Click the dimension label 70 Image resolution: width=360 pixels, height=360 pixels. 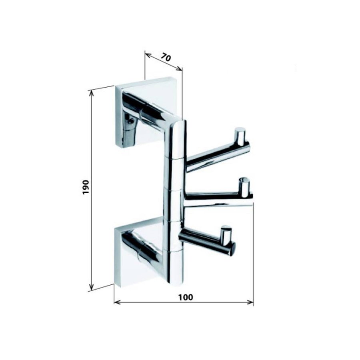tap(166, 57)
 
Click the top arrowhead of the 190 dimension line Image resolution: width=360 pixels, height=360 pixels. tap(92, 93)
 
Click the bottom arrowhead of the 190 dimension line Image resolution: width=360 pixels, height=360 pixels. tap(92, 287)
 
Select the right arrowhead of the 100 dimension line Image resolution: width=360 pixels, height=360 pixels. tap(251, 302)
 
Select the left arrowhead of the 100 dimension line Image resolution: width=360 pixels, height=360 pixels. tap(117, 302)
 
